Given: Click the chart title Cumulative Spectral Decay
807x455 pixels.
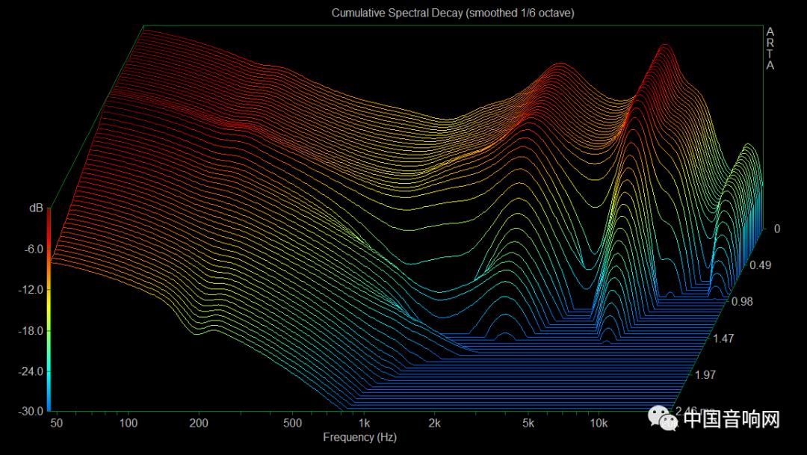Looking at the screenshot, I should pyautogui.click(x=453, y=13).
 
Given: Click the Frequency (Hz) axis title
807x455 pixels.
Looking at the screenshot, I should pyautogui.click(x=359, y=437).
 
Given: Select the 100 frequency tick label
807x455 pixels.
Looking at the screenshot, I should pyautogui.click(x=129, y=424).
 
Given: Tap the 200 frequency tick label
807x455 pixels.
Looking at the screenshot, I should pyautogui.click(x=198, y=424).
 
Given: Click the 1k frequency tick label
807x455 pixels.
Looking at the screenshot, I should pyautogui.click(x=365, y=424).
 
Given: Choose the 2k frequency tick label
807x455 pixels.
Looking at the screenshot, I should pyautogui.click(x=435, y=424).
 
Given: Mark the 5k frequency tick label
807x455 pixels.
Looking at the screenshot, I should pyautogui.click(x=528, y=424).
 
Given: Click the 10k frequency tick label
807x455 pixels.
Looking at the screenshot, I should pyautogui.click(x=598, y=424).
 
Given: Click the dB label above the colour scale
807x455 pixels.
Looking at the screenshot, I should pyautogui.click(x=36, y=209).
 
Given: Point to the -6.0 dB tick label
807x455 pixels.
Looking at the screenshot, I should pyautogui.click(x=33, y=250).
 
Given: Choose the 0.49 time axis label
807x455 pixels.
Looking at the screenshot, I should pyautogui.click(x=760, y=265).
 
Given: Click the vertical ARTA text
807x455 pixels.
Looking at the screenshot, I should pyautogui.click(x=770, y=49).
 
